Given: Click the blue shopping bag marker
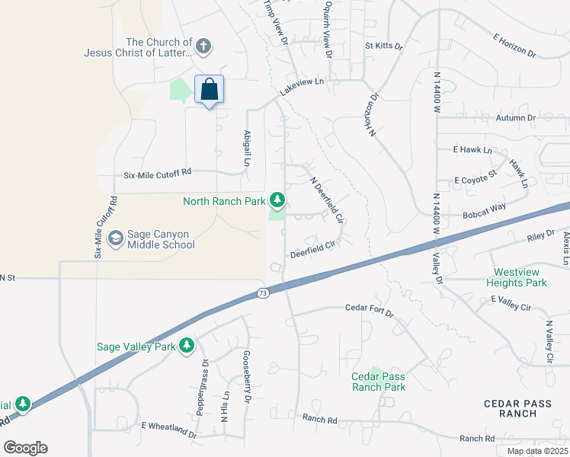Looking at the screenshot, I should (x=210, y=91).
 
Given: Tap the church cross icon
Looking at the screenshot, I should (x=203, y=46).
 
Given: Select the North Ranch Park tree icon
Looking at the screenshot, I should (x=278, y=201).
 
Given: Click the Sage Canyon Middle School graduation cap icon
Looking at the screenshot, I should (x=116, y=238).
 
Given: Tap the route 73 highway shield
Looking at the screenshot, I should (x=263, y=292).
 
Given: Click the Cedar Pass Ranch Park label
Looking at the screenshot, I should (x=378, y=382).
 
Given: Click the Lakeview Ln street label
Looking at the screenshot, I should (x=302, y=85).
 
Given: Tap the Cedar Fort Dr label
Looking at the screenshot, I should (x=369, y=311).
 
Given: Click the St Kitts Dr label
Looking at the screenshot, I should (x=383, y=46).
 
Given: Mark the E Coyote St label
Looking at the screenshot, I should (x=476, y=180).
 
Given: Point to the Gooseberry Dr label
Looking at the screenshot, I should (x=247, y=377).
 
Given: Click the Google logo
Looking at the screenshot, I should (x=25, y=448).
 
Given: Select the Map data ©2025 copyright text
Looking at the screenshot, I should (x=537, y=451).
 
